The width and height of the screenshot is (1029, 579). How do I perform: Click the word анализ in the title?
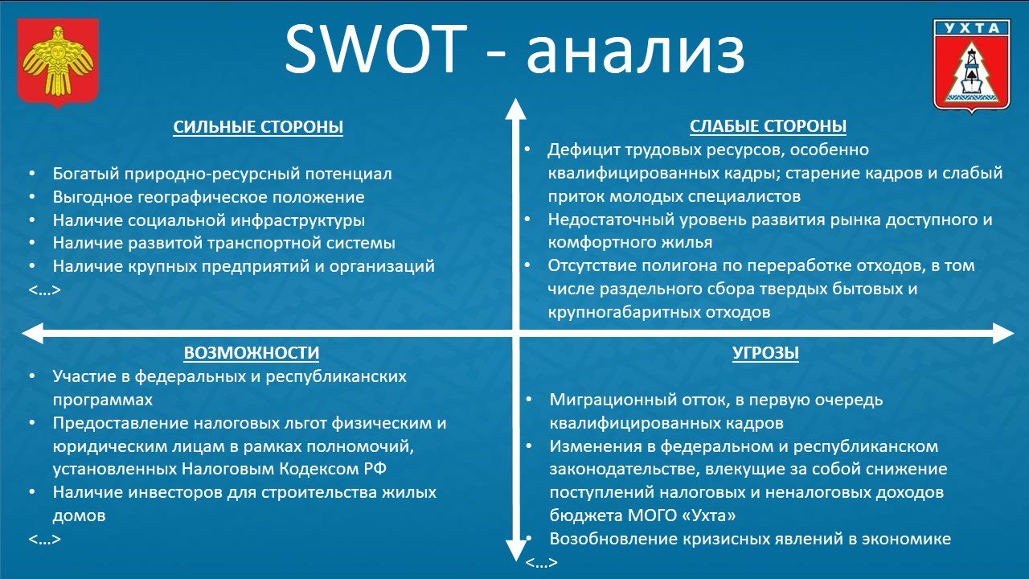pyautogui.click(x=635, y=50)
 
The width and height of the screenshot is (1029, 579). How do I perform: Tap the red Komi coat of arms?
pyautogui.click(x=58, y=62)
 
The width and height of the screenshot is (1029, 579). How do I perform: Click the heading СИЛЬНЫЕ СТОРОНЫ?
pyautogui.click(x=258, y=127)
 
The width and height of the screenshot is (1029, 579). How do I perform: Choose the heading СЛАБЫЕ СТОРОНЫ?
pyautogui.click(x=768, y=126)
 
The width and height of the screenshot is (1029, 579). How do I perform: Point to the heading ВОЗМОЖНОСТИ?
pyautogui.click(x=251, y=353)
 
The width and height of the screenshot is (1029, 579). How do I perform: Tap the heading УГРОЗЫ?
pyautogui.click(x=765, y=353)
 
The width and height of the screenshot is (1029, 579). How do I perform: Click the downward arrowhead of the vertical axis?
pyautogui.click(x=514, y=550)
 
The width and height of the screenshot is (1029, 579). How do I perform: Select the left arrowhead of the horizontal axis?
pyautogui.click(x=32, y=333)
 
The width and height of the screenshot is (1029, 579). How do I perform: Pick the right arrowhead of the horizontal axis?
pyautogui.click(x=1002, y=333)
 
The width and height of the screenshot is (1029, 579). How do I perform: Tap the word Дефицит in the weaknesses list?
pyautogui.click(x=580, y=150)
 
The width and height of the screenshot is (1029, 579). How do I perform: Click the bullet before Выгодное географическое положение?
pyautogui.click(x=32, y=197)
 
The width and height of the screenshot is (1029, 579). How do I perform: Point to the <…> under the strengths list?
pyautogui.click(x=44, y=289)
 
